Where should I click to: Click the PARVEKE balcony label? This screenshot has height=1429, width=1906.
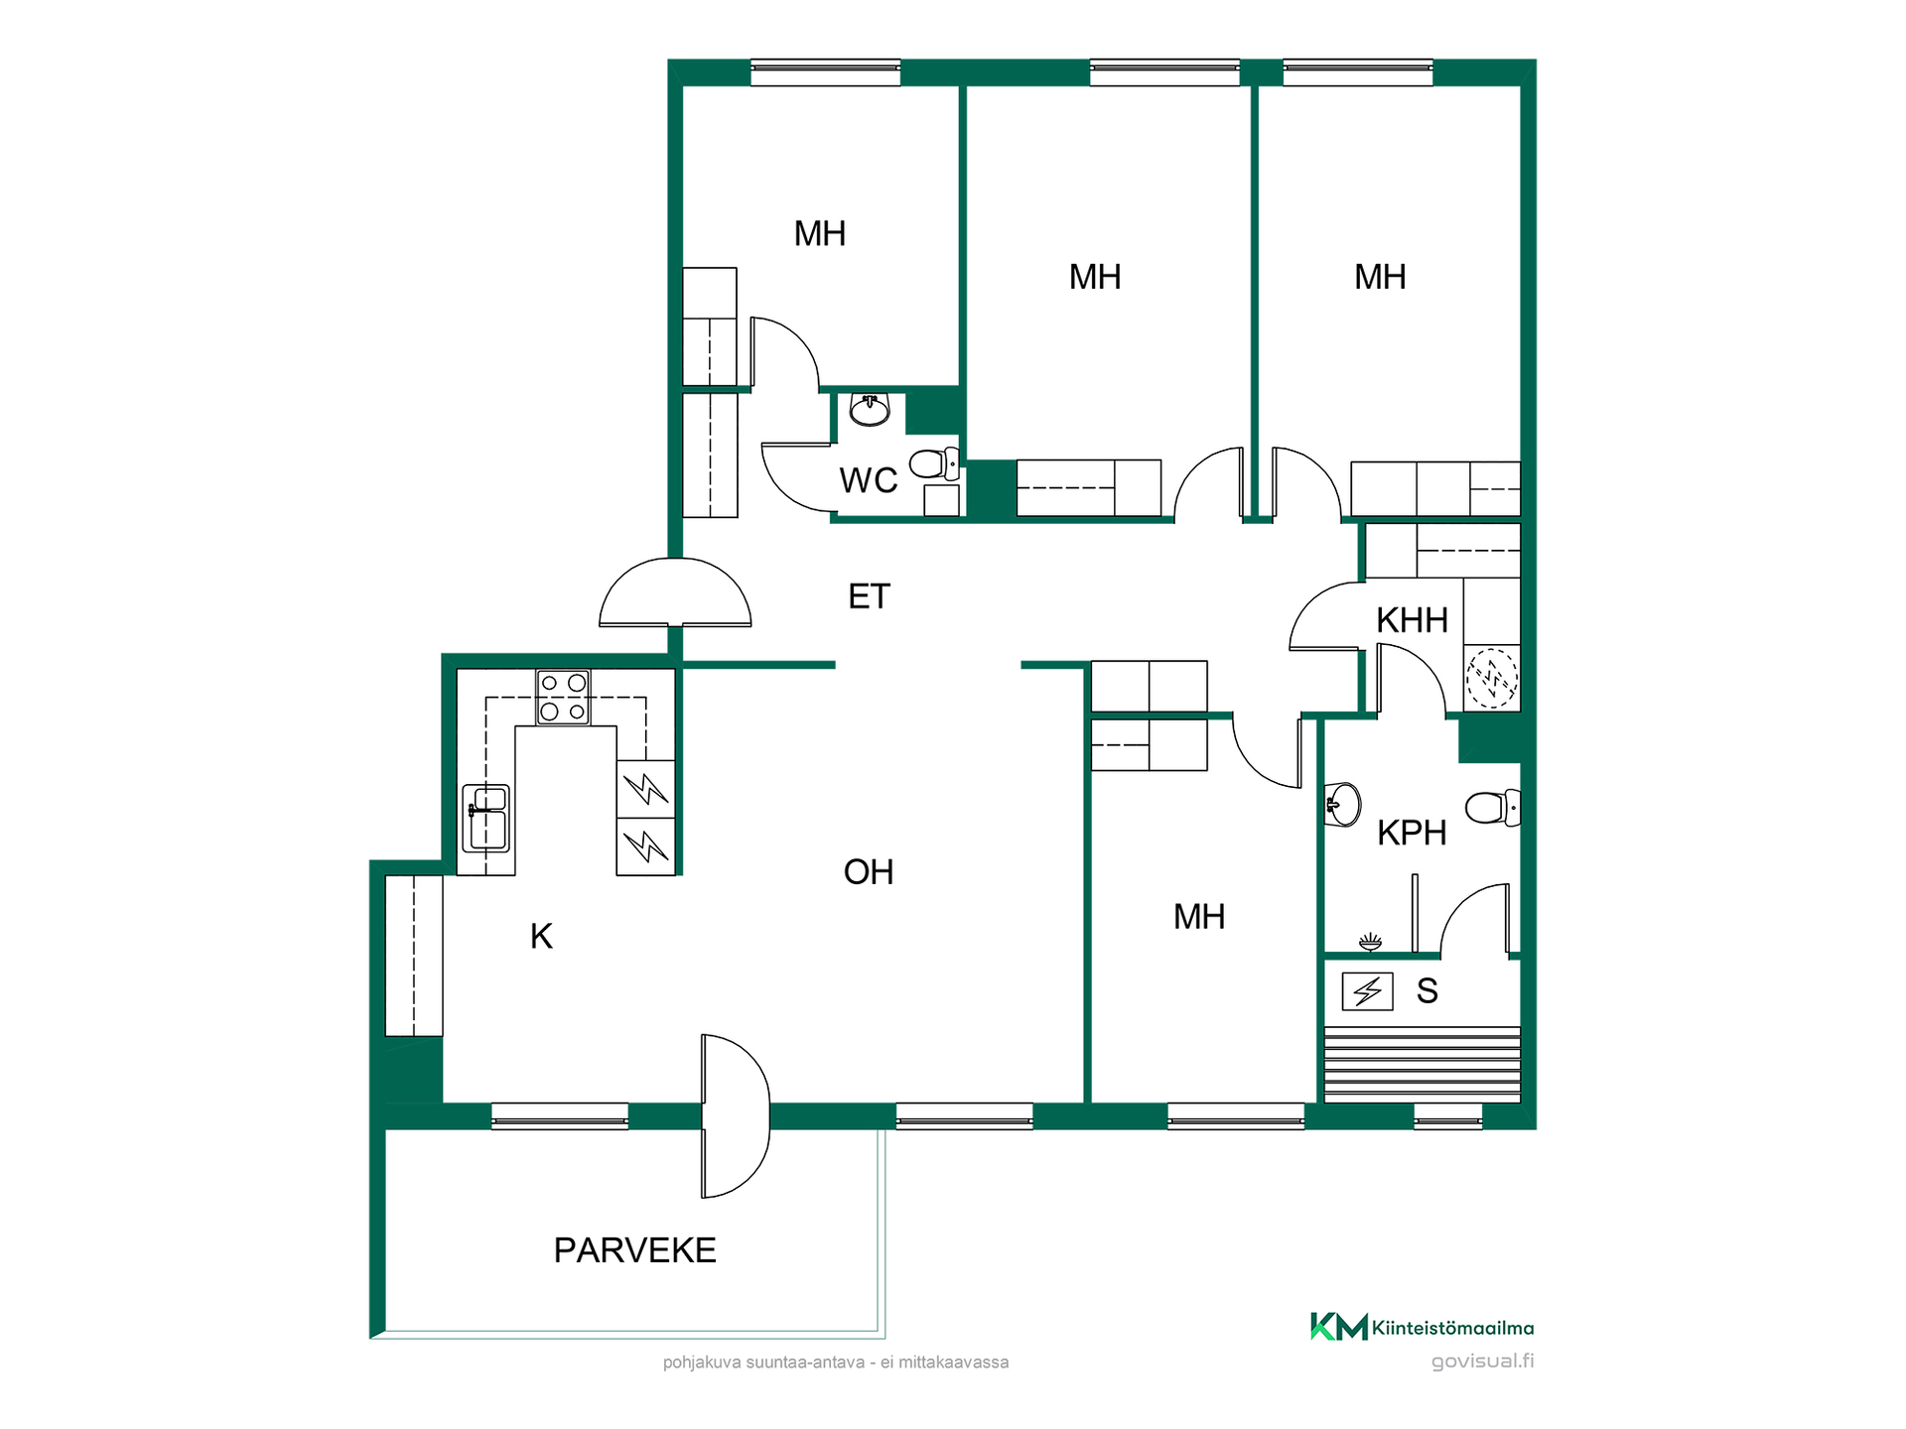point(634,1250)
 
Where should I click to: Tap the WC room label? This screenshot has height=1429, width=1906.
point(868,480)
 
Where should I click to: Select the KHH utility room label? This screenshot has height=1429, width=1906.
point(1412,620)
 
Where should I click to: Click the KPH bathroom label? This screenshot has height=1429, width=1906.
point(1411,833)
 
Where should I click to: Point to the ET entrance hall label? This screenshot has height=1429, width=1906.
point(869,596)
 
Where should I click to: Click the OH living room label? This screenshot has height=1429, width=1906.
point(869,872)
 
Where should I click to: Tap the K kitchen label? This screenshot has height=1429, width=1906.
point(541,936)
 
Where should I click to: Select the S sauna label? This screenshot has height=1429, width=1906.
point(1427,990)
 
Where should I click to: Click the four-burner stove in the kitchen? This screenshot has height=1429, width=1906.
point(563,697)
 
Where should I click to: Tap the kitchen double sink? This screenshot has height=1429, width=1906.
point(485,818)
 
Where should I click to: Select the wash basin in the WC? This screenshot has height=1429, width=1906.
point(870,409)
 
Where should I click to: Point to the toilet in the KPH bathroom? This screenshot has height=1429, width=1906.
point(1493,807)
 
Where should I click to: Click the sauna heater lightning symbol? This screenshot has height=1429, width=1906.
point(1367,990)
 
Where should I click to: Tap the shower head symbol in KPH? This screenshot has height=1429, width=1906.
point(1370,941)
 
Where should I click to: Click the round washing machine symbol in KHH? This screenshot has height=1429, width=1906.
point(1492,679)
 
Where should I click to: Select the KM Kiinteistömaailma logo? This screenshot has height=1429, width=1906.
point(1422,1327)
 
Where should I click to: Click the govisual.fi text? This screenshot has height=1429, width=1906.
point(1482,1362)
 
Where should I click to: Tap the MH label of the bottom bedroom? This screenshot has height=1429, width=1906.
point(1198,917)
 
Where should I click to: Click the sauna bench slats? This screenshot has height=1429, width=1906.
point(1422,1065)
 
